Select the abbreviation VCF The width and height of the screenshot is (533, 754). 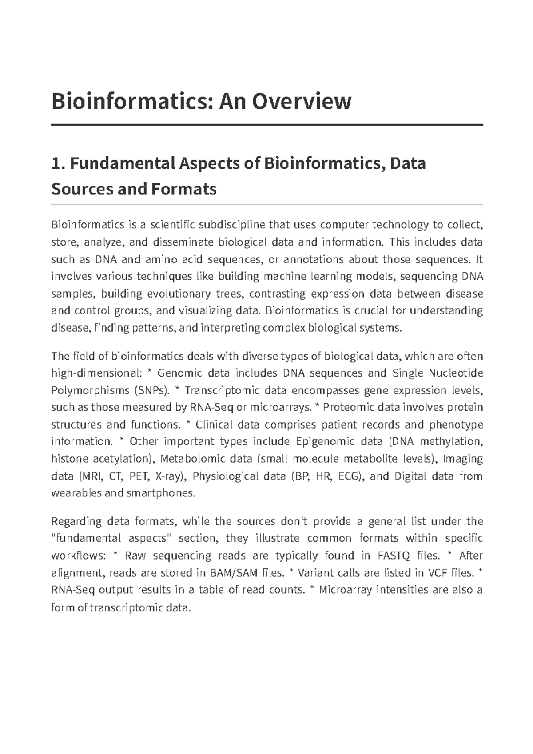[x=437, y=573]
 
